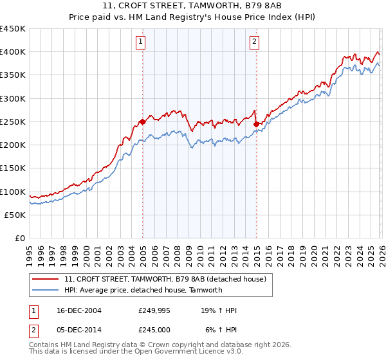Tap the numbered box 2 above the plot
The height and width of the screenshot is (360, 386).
click(255, 42)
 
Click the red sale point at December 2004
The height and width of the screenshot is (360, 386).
click(142, 121)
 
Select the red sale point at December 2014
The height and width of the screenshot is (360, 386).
click(256, 124)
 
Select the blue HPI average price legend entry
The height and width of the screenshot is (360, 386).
click(143, 290)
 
